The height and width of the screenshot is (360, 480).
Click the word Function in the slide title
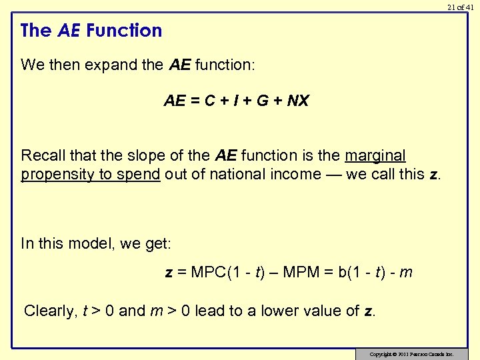pos(124,31)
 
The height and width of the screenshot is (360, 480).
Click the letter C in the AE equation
pos(209,101)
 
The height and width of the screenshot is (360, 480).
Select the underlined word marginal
pos(375,155)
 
